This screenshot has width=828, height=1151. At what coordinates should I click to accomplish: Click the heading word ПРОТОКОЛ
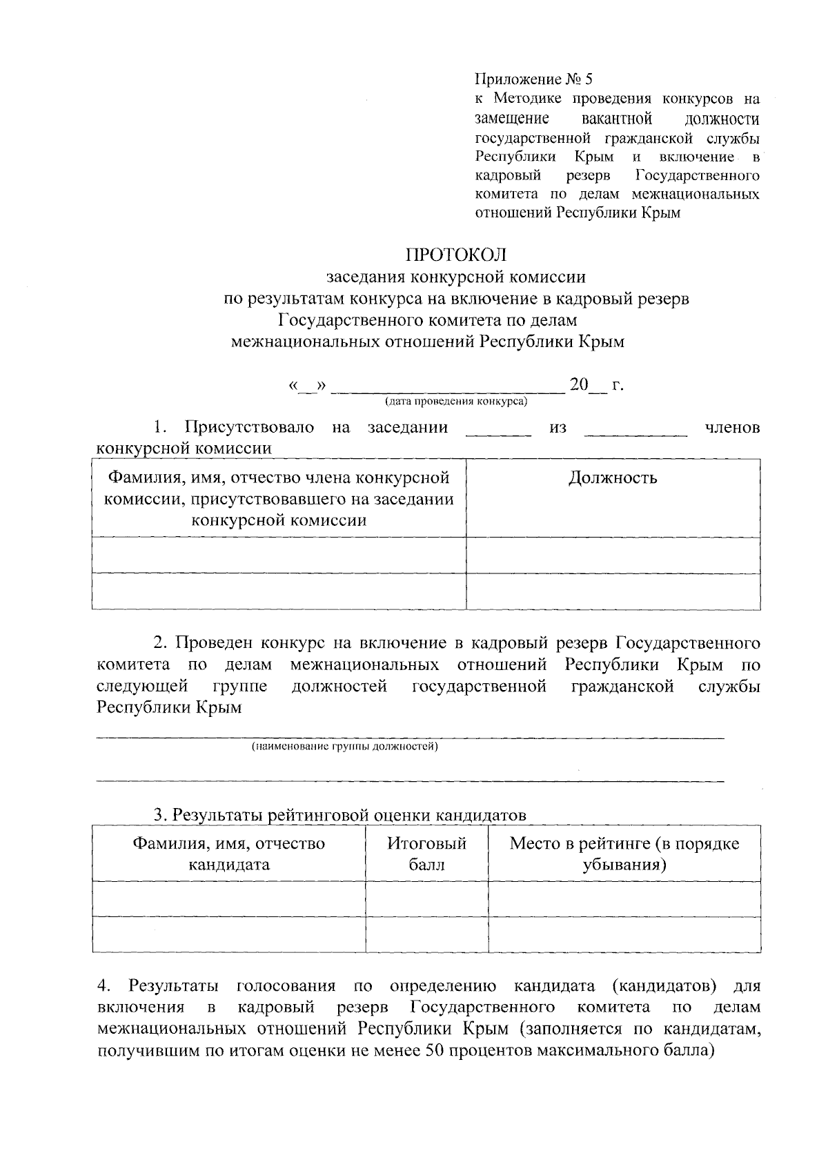455,255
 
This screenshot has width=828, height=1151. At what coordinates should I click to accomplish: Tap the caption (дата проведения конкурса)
455,401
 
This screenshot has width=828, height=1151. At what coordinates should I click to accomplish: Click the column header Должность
613,478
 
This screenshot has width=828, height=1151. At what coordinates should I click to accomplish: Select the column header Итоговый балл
426,854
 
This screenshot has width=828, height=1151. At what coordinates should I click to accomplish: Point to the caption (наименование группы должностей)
344,747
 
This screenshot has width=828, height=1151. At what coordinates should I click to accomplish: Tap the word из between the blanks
558,428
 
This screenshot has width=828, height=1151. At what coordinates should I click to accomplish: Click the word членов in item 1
732,427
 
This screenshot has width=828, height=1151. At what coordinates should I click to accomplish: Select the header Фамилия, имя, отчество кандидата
228,854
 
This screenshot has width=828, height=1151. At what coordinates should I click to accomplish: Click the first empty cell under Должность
613,555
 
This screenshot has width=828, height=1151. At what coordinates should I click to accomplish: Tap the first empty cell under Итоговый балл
426,898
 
